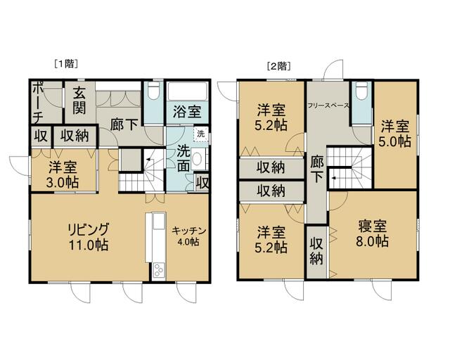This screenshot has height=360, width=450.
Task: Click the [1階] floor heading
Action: click(x=66, y=63)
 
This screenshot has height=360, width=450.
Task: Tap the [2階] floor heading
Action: click(x=278, y=66)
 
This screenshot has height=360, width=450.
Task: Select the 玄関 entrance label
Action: click(x=79, y=101)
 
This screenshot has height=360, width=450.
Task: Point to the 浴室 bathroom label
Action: click(x=187, y=112)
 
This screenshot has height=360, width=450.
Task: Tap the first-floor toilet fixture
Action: click(x=154, y=91)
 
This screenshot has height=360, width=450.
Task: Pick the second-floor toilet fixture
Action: click(x=361, y=91)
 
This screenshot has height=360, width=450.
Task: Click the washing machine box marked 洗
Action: click(x=201, y=134)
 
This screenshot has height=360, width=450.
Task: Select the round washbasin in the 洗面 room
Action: click(x=197, y=158)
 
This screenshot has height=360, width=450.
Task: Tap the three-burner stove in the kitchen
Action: click(x=159, y=271)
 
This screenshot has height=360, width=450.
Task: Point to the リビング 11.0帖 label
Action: click(x=88, y=237)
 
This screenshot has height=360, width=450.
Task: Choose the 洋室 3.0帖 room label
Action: click(x=63, y=175)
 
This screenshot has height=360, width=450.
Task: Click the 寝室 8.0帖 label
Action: click(x=372, y=233)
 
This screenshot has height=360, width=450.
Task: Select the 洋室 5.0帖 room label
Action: click(x=394, y=134)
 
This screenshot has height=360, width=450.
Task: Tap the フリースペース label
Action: click(x=328, y=105)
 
